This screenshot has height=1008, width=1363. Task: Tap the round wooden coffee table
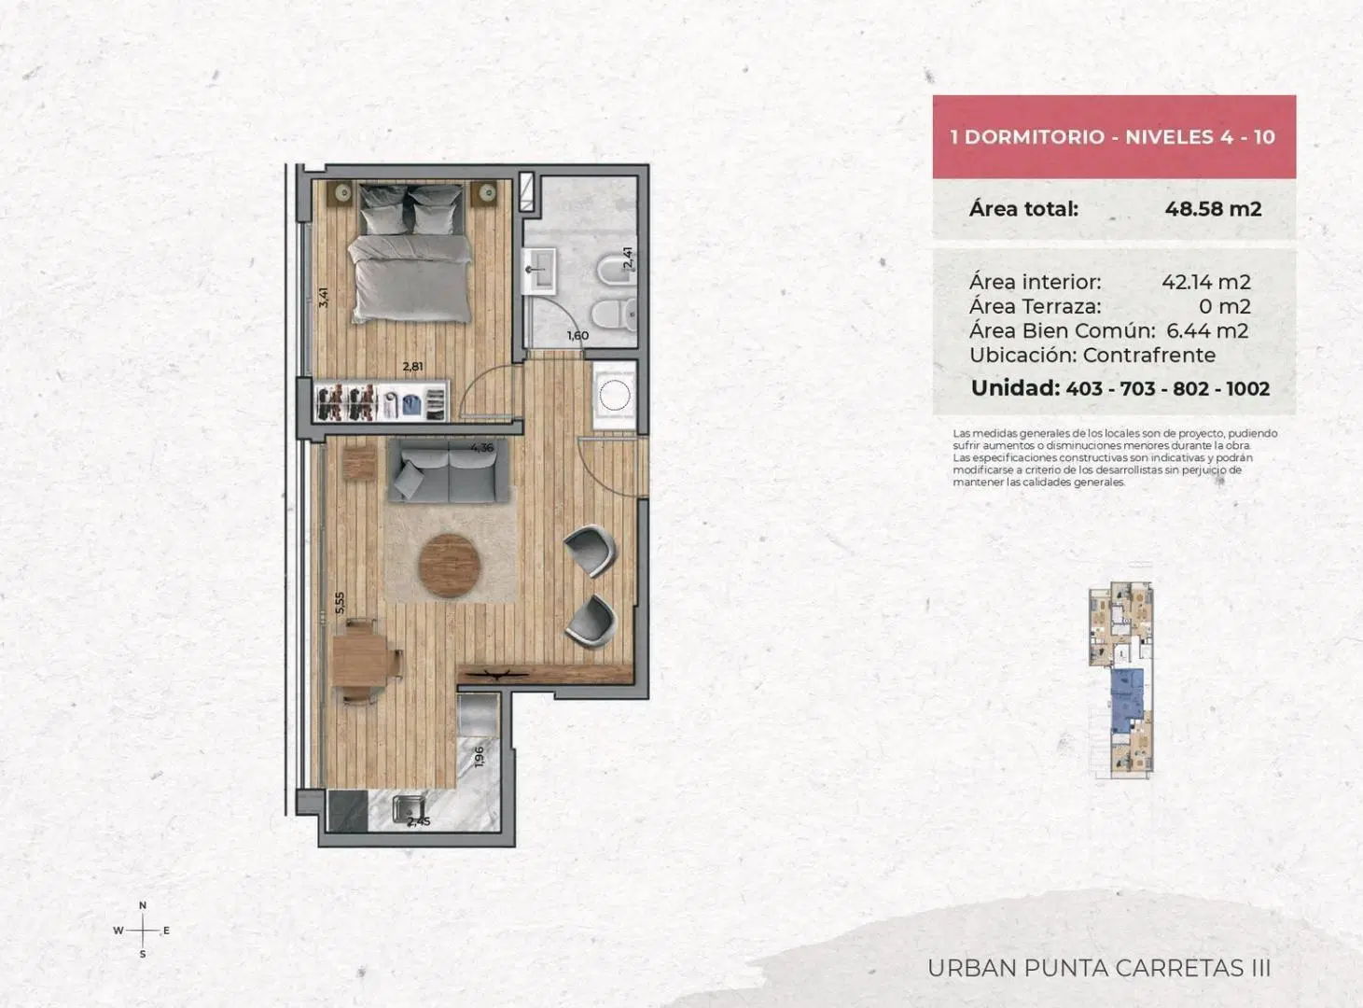(x=450, y=566)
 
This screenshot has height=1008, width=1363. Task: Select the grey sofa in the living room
(x=449, y=471)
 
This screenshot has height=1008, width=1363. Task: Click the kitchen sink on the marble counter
(x=407, y=811)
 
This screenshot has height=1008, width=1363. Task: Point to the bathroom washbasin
(x=539, y=271)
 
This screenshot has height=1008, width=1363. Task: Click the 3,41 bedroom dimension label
(x=324, y=298)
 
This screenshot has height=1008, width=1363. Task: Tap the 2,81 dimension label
(x=412, y=367)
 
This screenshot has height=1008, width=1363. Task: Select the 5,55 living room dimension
(x=340, y=603)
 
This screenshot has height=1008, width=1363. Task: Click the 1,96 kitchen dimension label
(x=480, y=756)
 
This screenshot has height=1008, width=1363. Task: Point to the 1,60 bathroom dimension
(x=577, y=336)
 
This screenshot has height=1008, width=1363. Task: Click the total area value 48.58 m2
(x=1213, y=209)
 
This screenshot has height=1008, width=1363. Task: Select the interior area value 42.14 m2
(x=1205, y=282)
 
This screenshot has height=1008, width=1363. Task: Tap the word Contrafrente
(x=1149, y=356)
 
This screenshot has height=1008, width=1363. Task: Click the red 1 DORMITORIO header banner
(x=1114, y=136)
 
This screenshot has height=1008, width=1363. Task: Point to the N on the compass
(x=143, y=905)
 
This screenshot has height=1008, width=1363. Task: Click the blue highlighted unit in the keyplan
(x=1127, y=700)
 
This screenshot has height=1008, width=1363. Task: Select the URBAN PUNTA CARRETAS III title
(x=1099, y=968)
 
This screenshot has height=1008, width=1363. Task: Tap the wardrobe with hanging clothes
(x=381, y=401)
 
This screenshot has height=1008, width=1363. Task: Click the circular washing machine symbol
(x=615, y=394)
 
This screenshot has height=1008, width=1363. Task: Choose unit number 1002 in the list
(x=1247, y=388)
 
